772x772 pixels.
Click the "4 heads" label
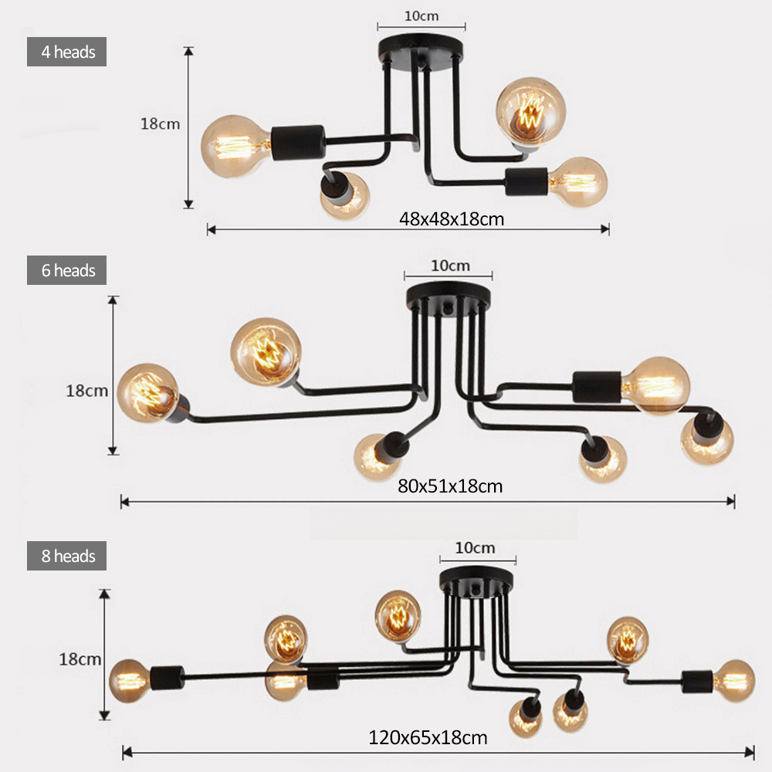click(x=66, y=52)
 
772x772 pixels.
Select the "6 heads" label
click(x=66, y=271)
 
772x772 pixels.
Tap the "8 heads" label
click(x=66, y=557)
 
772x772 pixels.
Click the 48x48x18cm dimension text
click(x=452, y=218)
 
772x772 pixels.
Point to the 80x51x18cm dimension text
click(x=450, y=486)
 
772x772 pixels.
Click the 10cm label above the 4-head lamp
click(x=422, y=15)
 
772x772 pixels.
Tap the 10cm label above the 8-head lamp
click(x=475, y=548)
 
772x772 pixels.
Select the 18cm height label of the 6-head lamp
click(x=86, y=391)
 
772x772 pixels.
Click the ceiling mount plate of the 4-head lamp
click(x=422, y=51)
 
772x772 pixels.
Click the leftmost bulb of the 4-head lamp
click(x=235, y=146)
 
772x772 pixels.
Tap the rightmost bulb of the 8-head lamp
click(x=733, y=680)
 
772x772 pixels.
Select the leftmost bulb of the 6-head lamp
click(x=148, y=392)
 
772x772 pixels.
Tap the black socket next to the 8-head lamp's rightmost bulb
click(x=698, y=681)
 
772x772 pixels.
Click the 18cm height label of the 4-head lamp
click(x=160, y=124)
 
